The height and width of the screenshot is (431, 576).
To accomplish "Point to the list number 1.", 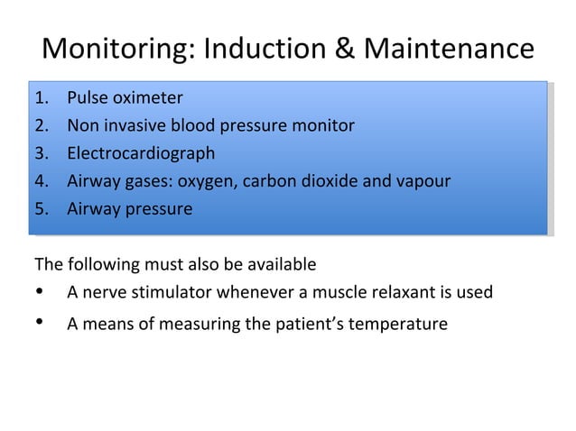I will click(x=40, y=97).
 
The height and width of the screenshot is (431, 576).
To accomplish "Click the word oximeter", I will click(x=148, y=97).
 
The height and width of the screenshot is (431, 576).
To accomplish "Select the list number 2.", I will click(x=40, y=125).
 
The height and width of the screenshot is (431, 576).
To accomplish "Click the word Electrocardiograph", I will click(x=141, y=153).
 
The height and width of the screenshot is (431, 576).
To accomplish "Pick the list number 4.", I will click(x=40, y=181).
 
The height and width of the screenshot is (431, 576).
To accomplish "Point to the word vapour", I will click(x=423, y=181).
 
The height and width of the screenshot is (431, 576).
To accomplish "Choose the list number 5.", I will click(x=40, y=209).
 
